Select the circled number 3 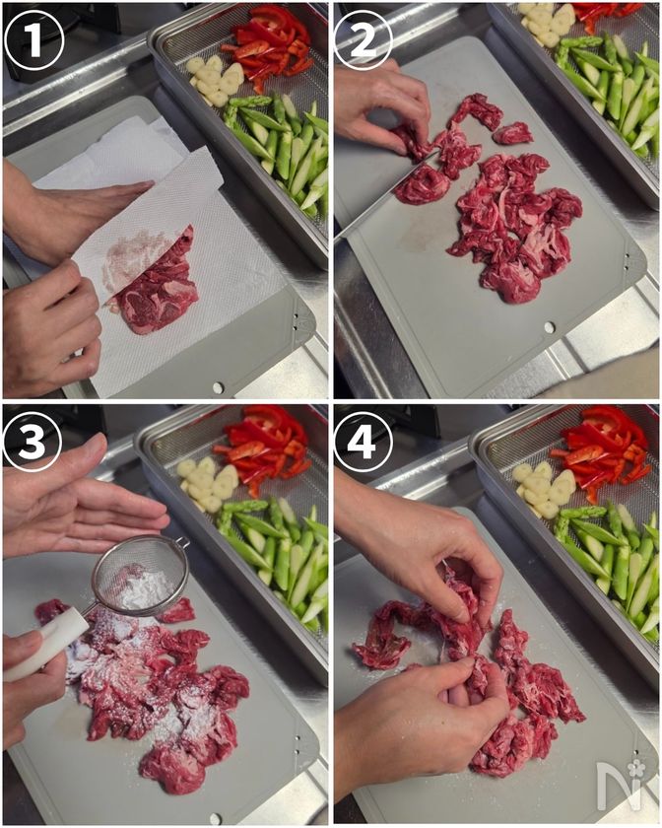[x=33, y=442]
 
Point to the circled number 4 [x=364, y=442]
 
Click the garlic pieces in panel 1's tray [x=216, y=79]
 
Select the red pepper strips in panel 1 [x=269, y=45]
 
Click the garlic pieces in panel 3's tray [x=208, y=483]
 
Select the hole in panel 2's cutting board [x=550, y=327]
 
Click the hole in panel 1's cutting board [x=218, y=387]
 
